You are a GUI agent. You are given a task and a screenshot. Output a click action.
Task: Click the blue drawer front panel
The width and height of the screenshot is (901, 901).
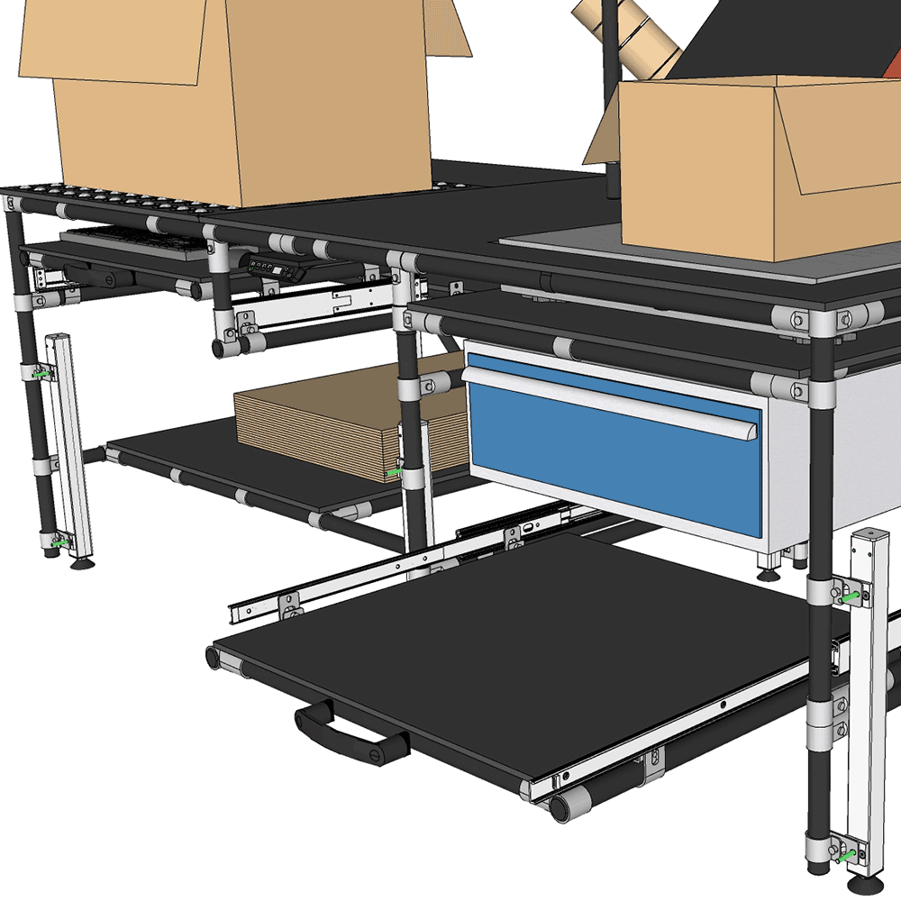(x=613, y=469)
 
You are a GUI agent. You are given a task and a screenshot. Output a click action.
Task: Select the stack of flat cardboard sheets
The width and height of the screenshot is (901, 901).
(x=315, y=423)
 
